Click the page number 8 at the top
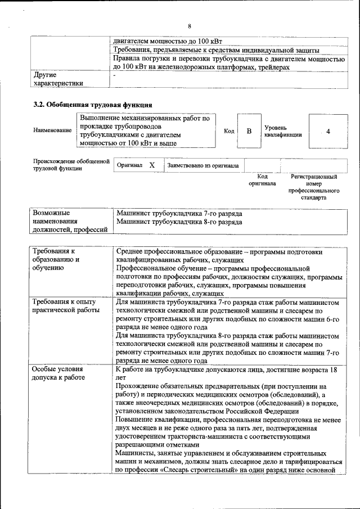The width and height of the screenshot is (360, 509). click(x=190, y=26)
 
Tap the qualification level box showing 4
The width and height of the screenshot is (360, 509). click(x=327, y=131)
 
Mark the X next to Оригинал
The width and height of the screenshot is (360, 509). click(x=152, y=165)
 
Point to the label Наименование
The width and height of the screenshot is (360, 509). click(x=52, y=130)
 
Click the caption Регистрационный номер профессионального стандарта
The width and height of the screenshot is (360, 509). click(x=314, y=187)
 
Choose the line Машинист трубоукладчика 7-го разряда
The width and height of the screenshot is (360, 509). click(x=179, y=214)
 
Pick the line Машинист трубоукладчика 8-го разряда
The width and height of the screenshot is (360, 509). click(x=179, y=222)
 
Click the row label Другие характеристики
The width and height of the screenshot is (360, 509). click(x=58, y=79)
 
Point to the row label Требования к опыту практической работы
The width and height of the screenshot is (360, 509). click(x=66, y=306)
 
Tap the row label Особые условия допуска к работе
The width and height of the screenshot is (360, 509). click(x=58, y=373)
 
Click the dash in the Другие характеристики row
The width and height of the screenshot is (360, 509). click(x=115, y=75)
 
